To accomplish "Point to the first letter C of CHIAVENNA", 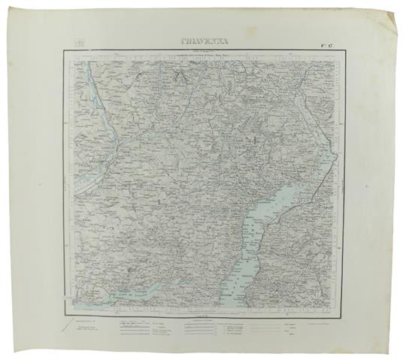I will coord(174,44).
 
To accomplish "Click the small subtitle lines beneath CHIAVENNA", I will coord(203,54).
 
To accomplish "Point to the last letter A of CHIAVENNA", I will coord(231,44).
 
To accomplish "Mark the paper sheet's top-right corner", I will coord(397,10).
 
